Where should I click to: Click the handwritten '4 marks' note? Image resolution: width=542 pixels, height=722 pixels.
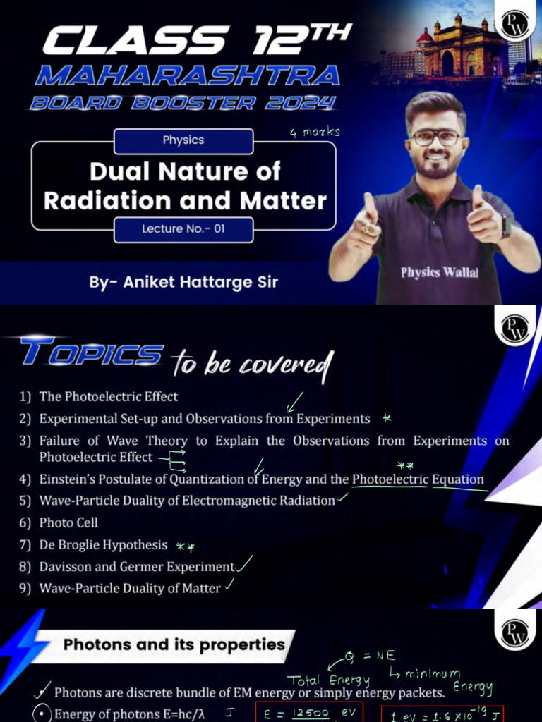click(x=315, y=132)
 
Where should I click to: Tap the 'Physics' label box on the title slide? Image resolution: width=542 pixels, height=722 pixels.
click(x=183, y=140)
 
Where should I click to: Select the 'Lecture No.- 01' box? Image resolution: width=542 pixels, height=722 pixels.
click(x=183, y=229)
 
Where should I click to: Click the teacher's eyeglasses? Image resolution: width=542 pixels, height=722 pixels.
click(x=436, y=137)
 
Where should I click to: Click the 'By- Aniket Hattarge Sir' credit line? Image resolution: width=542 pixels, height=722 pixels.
click(x=183, y=283)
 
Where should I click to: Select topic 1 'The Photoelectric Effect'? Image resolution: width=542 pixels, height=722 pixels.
click(x=109, y=397)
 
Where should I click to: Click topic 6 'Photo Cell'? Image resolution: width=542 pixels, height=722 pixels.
click(x=68, y=523)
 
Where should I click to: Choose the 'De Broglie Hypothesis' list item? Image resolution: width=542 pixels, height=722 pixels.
click(x=104, y=545)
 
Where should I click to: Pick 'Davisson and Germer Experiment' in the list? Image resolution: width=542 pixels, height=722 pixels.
click(x=137, y=567)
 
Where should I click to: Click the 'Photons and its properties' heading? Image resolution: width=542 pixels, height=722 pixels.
click(x=174, y=644)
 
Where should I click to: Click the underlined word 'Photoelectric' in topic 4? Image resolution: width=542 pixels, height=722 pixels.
click(x=390, y=479)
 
